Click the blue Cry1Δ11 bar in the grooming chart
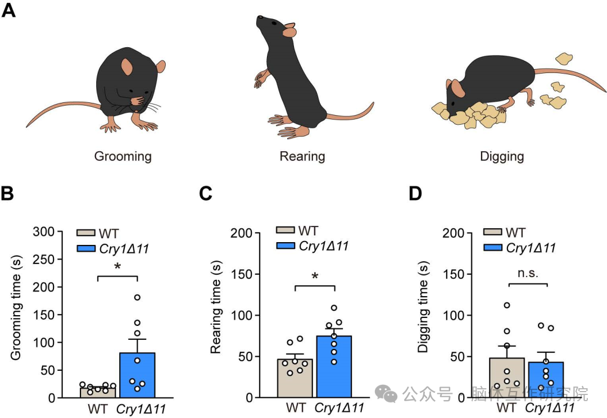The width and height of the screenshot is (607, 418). click(138, 375)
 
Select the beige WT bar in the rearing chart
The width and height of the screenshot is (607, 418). click(295, 378)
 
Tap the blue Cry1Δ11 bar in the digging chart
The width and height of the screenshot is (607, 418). click(546, 380)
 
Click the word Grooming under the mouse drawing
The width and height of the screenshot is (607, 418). click(123, 156)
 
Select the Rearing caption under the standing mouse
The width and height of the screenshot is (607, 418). click(302, 156)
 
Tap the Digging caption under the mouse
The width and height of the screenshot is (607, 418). click(502, 156)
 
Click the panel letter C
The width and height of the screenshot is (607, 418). click(206, 193)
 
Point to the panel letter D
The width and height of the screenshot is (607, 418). click(415, 193)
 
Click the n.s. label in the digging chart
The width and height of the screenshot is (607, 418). click(528, 273)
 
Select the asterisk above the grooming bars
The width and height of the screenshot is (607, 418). click(117, 266)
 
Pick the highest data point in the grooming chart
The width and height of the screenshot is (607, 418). click(137, 297)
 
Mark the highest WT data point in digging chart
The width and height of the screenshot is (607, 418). click(507, 306)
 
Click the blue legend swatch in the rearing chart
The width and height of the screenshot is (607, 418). click(286, 246)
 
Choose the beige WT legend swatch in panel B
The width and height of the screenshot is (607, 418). click(86, 233)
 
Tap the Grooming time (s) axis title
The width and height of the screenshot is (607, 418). click(16, 308)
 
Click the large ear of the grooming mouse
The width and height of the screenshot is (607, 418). click(126, 67)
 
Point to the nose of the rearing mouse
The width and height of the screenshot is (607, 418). click(259, 17)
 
